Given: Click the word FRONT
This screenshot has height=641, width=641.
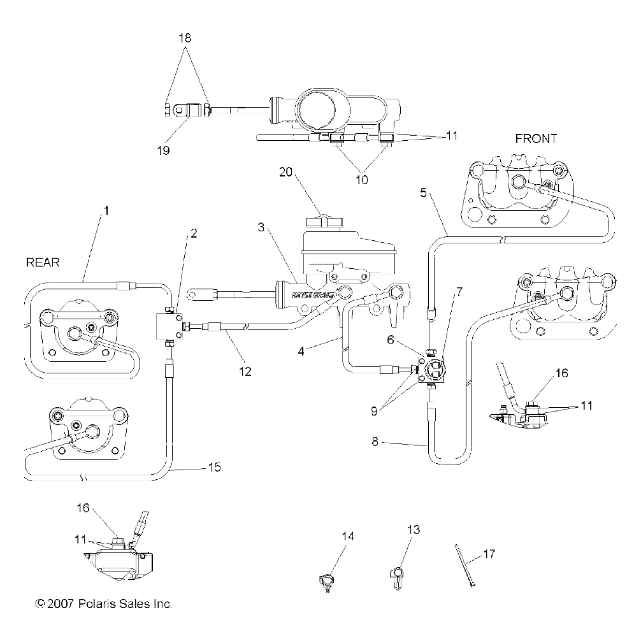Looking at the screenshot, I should pyautogui.click(x=535, y=138).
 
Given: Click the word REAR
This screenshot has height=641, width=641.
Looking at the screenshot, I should pyautogui.click(x=43, y=263).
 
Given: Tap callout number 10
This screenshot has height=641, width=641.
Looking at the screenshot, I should pyautogui.click(x=362, y=180).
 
